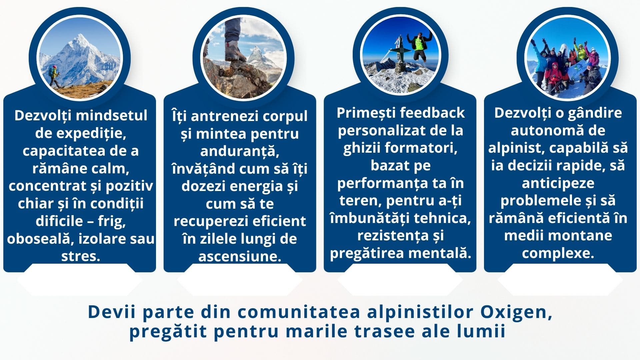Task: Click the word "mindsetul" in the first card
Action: click(112, 116)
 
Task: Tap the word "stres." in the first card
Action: click(81, 256)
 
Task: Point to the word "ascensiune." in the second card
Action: click(240, 256)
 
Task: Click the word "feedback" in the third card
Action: click(432, 113)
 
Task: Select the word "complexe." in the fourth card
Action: click(558, 253)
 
